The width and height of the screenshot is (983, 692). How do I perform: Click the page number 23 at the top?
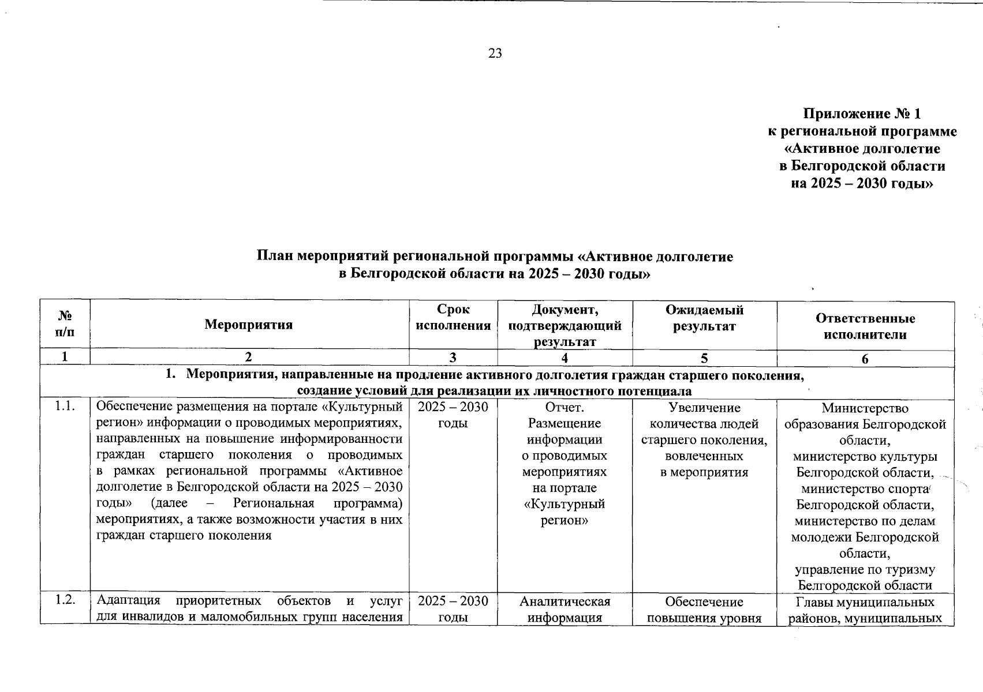click(495, 54)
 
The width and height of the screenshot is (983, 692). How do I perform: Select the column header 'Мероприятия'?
click(249, 325)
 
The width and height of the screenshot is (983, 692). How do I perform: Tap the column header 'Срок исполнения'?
click(453, 317)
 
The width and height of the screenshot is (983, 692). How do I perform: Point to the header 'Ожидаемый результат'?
click(704, 318)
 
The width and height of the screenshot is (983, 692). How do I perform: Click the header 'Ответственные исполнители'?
click(865, 326)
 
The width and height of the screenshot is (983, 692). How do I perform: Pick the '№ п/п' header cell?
click(65, 324)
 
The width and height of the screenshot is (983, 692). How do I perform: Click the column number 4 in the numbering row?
click(565, 358)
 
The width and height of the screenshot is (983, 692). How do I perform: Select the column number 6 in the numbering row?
click(865, 359)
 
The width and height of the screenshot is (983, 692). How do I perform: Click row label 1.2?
click(65, 601)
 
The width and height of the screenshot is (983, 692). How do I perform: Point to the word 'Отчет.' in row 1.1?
click(565, 408)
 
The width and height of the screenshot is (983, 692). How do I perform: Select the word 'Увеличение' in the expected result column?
click(704, 408)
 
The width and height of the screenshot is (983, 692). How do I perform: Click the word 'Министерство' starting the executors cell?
click(865, 408)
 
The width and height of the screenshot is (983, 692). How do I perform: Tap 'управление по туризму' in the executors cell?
click(865, 570)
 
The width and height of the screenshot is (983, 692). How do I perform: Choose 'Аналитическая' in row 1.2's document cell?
click(565, 601)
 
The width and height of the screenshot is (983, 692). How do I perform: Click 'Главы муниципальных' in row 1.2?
click(865, 602)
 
